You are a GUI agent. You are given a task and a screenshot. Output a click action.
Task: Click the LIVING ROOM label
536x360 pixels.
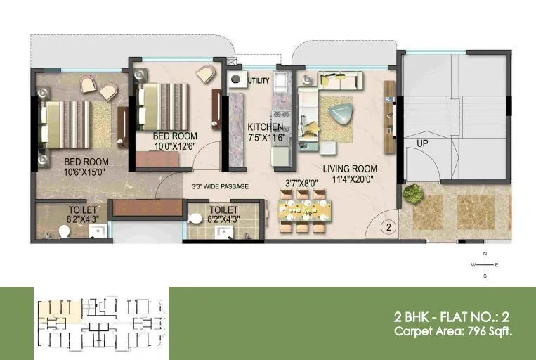coord(350,169)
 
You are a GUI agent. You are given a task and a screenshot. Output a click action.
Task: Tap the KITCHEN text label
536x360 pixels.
coord(265,127)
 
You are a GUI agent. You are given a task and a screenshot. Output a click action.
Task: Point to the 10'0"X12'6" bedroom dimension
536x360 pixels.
coord(175,146)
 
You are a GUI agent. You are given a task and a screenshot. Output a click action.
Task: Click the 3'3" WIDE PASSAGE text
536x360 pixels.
coord(221,187)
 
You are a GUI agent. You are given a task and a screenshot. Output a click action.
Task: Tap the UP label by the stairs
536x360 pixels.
coord(422,143)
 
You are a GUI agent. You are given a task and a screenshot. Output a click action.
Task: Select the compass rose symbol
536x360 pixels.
coord(485,265)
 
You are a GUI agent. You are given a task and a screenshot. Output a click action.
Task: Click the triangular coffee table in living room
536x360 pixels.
coord(341,114)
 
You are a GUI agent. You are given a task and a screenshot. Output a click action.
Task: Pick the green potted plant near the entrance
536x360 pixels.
coord(412,193)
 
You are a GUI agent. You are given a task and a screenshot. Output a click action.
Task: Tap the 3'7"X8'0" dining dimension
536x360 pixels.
coord(301,183)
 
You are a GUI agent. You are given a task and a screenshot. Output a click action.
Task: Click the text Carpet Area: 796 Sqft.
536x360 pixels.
coord(452,331)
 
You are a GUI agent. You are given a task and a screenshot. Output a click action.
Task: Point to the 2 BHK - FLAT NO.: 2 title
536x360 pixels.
coord(453,316)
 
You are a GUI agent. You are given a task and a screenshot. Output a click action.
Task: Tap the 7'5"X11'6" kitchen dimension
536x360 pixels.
coord(265,137)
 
